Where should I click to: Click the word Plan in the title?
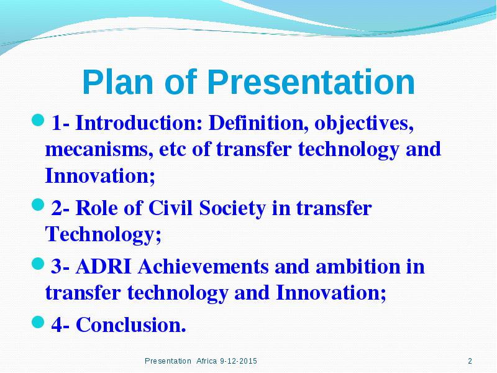[x=118, y=82]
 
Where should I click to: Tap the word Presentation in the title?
[x=311, y=82]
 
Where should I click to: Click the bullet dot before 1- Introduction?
[x=38, y=120]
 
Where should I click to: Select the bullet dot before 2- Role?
[x=38, y=205]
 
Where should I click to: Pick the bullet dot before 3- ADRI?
[x=38, y=264]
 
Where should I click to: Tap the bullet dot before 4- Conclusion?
[x=38, y=322]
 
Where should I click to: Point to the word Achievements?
[x=203, y=267]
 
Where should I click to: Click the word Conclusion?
[x=131, y=325]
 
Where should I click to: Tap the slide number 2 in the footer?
[x=470, y=361]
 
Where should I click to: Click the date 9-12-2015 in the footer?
[x=239, y=361]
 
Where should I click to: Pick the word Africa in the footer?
[x=206, y=361]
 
